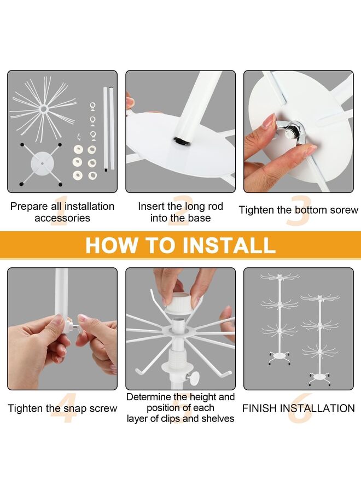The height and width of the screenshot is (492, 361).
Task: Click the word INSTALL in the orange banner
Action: [229, 245]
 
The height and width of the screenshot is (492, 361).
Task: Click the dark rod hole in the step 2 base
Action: [182, 142]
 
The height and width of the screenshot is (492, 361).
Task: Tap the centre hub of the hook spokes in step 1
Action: [43, 109]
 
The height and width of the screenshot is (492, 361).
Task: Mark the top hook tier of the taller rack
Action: [280, 277]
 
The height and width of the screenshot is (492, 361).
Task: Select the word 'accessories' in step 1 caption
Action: [62, 218]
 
